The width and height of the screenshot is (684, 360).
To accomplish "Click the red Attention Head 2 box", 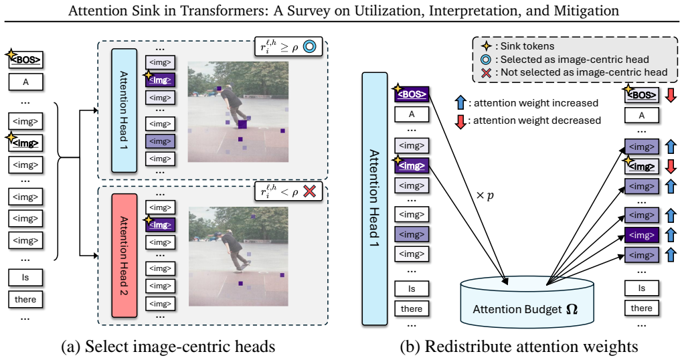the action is click(124, 255).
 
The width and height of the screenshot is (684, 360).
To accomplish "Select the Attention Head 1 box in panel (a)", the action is click(124, 110).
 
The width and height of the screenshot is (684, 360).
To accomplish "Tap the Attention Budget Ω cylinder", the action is click(527, 302).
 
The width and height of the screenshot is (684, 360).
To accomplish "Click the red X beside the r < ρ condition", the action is click(309, 191).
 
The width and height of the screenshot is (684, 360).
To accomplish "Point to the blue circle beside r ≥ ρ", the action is click(309, 47).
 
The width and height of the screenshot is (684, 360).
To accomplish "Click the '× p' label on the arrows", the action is click(485, 195).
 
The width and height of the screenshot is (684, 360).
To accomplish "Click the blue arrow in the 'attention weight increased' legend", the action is click(460, 102).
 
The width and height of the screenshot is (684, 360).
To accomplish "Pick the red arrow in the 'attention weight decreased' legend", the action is click(460, 120).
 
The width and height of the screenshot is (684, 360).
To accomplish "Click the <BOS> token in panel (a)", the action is click(25, 60).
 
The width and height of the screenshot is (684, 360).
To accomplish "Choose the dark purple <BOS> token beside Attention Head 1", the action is click(412, 94).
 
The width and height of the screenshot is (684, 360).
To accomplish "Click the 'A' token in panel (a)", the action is click(25, 82).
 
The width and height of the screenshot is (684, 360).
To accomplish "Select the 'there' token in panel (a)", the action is click(25, 299).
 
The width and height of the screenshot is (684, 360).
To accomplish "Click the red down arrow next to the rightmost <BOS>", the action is click(671, 95).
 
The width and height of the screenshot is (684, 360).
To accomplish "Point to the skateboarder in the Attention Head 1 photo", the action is click(234, 105).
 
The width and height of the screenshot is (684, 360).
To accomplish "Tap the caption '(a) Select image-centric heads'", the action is click(169, 347).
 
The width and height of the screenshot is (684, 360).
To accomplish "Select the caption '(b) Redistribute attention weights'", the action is click(519, 347).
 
